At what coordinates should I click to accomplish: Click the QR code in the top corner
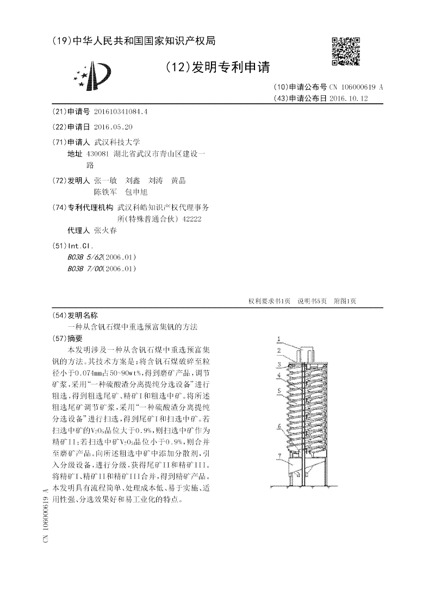coord(346,52)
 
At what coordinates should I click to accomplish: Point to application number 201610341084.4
coord(121,111)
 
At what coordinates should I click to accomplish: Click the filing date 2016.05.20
coord(113,127)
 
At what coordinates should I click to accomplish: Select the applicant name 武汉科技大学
coord(117,142)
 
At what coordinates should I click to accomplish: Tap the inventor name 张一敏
coord(105,181)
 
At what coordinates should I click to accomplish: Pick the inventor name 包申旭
coord(136,192)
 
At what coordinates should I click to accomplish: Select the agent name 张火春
coord(105,230)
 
